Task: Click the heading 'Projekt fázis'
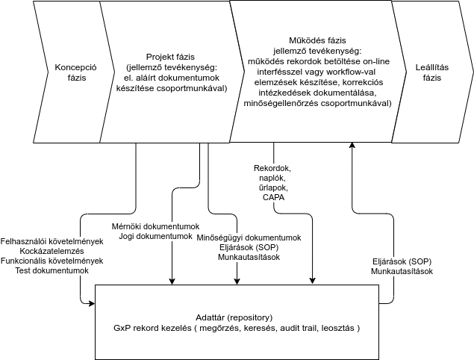165,56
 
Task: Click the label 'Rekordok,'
273,168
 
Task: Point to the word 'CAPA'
273,198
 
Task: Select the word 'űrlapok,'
273,188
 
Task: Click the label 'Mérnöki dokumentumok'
155,226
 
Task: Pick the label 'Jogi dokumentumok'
155,236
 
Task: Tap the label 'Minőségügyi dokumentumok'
249,238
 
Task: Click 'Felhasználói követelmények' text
52,242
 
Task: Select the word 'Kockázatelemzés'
52,252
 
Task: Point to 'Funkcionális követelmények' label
52,261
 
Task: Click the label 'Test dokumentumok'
52,271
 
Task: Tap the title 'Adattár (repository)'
234,317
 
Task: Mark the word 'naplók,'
273,179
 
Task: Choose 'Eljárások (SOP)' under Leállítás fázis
402,261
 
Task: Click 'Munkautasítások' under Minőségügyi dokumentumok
249,257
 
